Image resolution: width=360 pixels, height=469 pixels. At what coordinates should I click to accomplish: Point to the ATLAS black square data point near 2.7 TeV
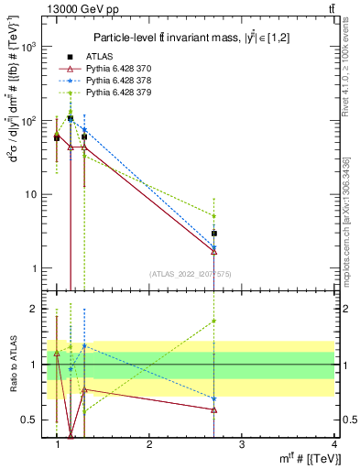click(x=213, y=234)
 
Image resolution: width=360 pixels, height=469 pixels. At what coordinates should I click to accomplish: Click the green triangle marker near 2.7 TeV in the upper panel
click(x=213, y=216)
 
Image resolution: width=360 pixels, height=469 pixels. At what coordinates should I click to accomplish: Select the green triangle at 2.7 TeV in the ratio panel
click(x=213, y=321)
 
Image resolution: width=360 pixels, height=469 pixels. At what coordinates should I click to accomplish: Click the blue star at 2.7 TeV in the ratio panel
click(x=213, y=398)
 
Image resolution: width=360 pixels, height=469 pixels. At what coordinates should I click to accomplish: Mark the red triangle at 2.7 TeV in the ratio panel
click(x=213, y=409)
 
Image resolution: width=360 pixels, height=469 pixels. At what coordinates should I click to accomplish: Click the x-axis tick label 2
click(x=149, y=443)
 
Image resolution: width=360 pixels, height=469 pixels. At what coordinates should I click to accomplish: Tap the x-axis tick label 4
click(x=333, y=443)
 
